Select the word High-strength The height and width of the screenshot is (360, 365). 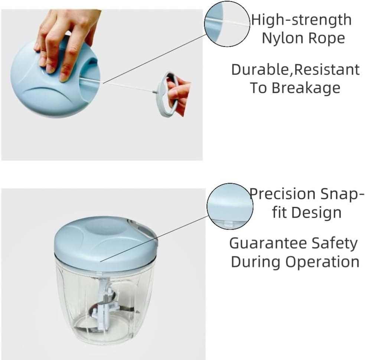pos(301,20)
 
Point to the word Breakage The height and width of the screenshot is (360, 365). pos(306,88)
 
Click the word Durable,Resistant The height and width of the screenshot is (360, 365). pos(296,69)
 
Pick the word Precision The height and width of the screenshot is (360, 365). pos(282,194)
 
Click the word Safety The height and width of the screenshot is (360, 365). pos(335,244)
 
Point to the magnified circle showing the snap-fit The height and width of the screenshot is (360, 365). pos(230,206)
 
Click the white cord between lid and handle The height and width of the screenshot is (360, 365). pos(128,87)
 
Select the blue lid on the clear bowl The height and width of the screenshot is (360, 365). pos(106,242)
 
